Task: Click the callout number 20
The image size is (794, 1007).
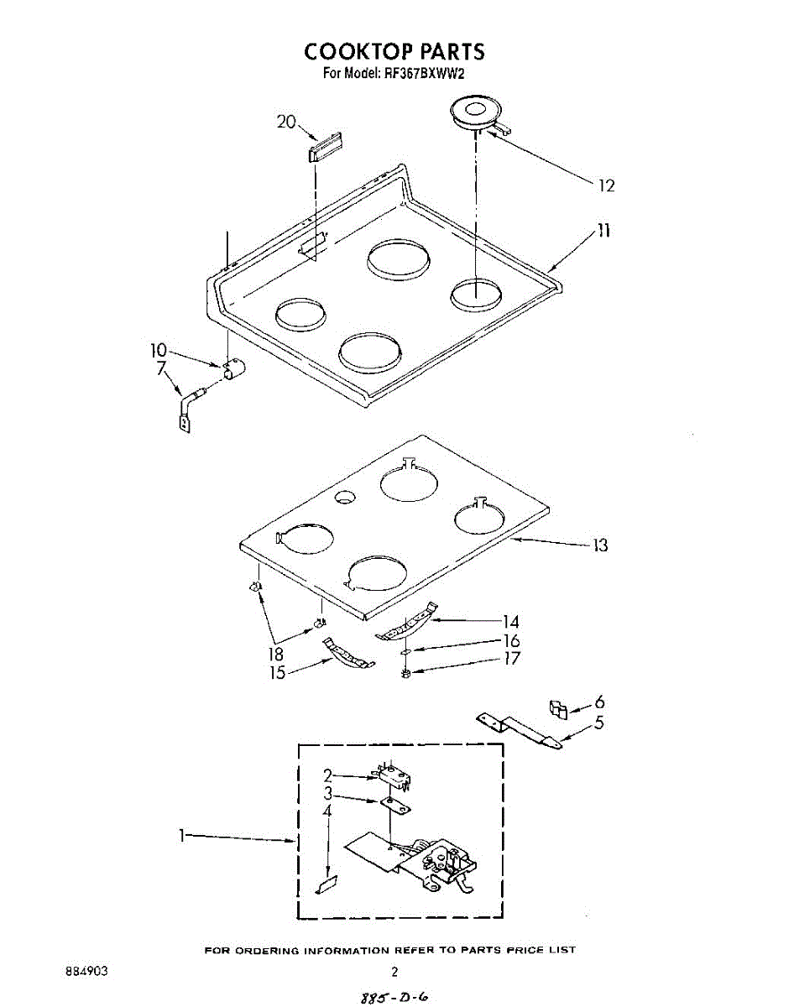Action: coord(286,122)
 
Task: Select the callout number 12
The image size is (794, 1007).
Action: coord(605,185)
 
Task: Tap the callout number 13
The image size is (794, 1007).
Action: coord(599,545)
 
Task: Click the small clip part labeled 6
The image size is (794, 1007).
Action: coord(557,708)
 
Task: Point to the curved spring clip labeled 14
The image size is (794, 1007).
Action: coord(408,624)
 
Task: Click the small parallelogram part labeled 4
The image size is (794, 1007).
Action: coord(326,884)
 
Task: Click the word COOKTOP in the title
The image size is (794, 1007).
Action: coord(353,52)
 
